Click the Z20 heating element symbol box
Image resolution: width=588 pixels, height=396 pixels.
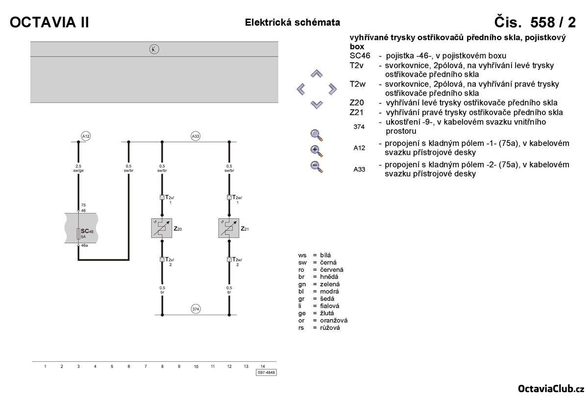(162, 228)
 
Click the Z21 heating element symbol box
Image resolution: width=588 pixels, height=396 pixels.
(229, 228)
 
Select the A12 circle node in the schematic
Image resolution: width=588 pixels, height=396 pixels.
(86, 136)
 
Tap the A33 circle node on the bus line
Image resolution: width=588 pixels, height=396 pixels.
(196, 136)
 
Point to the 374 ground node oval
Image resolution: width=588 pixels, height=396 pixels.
(196, 309)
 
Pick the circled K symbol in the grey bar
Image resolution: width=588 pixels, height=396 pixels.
(154, 49)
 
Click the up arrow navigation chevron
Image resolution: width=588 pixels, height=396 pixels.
(317, 74)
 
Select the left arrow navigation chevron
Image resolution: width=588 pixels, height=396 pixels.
(301, 89)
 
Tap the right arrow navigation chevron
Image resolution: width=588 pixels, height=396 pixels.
(333, 89)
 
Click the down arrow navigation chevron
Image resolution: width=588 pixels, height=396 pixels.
(317, 104)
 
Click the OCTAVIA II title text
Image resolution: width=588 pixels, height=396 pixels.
(49, 23)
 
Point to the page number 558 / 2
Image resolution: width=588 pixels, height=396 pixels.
(535, 23)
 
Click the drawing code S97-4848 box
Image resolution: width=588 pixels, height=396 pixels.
(266, 373)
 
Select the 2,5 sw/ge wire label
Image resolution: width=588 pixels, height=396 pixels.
(78, 169)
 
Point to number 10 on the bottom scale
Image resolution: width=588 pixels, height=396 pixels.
(196, 366)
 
